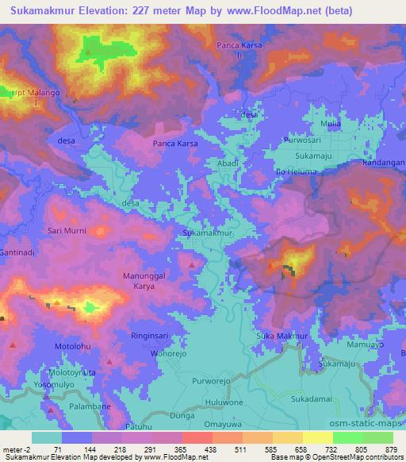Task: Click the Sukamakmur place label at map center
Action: tap(207, 234)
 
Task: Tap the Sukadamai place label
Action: tap(309, 398)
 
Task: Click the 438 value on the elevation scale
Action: tap(210, 449)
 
